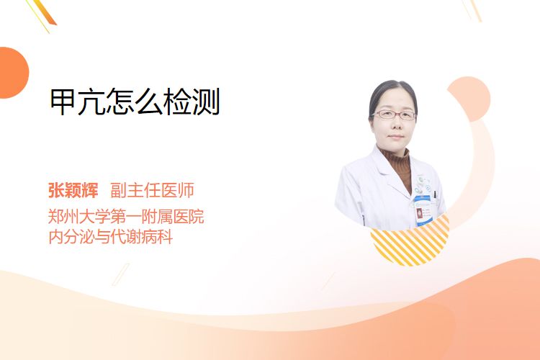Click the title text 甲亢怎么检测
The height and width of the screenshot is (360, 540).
(135, 102)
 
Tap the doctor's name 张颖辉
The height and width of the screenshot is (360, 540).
(73, 190)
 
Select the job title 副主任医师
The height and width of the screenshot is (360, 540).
(152, 190)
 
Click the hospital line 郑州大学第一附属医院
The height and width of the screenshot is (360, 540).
(126, 217)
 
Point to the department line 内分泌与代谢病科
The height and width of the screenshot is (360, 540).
(111, 237)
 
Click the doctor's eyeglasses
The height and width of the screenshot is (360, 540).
(394, 114)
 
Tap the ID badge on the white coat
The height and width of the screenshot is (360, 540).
(423, 211)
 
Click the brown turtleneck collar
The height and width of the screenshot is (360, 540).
(396, 159)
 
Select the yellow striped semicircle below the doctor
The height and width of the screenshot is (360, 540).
(410, 241)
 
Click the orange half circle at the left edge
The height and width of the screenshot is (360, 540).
(13, 73)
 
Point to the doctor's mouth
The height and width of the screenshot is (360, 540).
(396, 136)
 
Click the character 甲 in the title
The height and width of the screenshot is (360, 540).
(63, 102)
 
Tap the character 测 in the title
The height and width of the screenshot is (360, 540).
(207, 102)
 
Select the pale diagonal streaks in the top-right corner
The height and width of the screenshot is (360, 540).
(472, 9)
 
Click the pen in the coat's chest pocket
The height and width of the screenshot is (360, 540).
(436, 194)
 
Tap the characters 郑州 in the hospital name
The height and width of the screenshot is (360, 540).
(63, 217)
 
